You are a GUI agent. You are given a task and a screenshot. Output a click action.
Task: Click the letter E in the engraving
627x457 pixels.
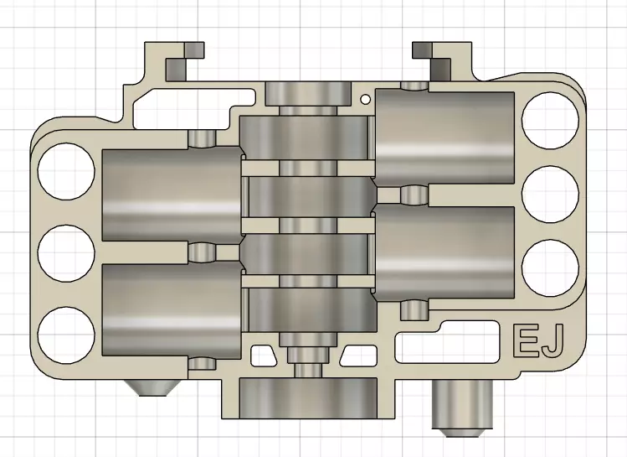pos(524,341)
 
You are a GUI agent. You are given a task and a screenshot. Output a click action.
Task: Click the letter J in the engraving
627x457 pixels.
pos(552,341)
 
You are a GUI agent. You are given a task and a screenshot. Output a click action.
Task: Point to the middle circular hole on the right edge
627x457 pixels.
pos(550,195)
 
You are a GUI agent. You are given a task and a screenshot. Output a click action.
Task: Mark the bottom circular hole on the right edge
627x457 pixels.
pos(550,267)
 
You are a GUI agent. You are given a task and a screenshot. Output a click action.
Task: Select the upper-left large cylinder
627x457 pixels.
pos(171,196)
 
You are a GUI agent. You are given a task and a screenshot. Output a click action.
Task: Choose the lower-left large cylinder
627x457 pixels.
pos(171,309)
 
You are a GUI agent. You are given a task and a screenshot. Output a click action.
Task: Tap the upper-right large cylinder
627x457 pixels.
pos(444,136)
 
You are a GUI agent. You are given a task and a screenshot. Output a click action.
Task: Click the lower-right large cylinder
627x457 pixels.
pos(444,252)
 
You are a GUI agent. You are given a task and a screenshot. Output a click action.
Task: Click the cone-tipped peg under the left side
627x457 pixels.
pos(150,387)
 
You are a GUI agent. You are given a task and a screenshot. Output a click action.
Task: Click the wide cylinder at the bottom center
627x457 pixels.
pos(308,397)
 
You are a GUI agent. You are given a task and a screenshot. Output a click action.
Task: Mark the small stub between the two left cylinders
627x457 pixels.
pos(202,252)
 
